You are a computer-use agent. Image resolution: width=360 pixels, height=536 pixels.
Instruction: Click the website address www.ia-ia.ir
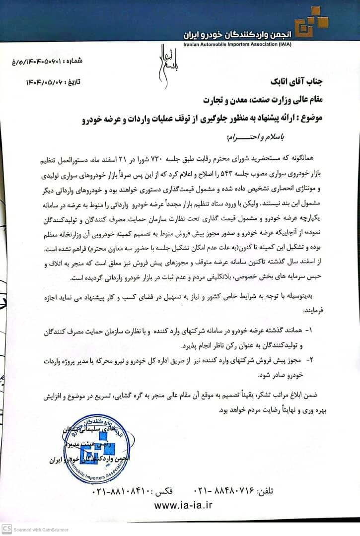(x=183, y=505)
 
